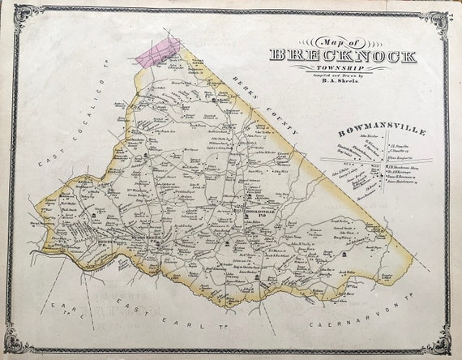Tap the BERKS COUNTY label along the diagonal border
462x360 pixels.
pos(262,106)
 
